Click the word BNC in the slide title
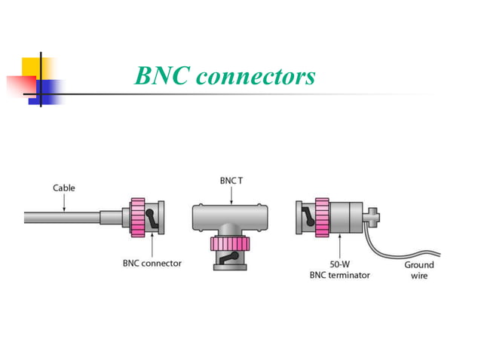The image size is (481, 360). (x=161, y=77)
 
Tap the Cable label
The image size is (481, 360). (x=63, y=188)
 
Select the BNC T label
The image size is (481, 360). (x=231, y=181)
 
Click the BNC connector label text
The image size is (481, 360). (x=152, y=264)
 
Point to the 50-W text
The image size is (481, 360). (x=339, y=264)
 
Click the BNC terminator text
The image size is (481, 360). (x=340, y=275)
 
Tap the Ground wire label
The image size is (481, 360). (x=418, y=270)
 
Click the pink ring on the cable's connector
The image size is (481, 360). (x=138, y=216)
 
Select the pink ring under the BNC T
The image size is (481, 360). (x=231, y=244)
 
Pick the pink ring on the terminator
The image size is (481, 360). (x=322, y=217)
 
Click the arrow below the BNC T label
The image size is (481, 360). (x=231, y=195)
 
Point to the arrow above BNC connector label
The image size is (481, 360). (x=152, y=246)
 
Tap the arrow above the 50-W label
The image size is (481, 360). (x=340, y=246)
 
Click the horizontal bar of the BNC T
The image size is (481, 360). (x=231, y=216)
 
